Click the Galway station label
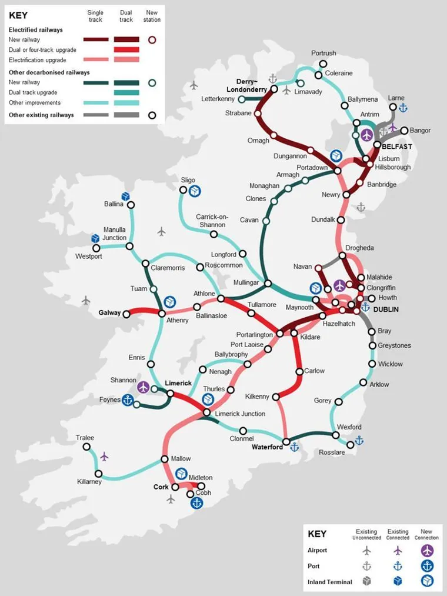click(109, 313)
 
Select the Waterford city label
click(267, 447)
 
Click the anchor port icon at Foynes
click(127, 400)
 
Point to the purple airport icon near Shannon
click(144, 387)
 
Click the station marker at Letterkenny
click(242, 99)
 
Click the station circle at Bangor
click(404, 130)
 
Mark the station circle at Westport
click(96, 248)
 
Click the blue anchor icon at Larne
click(403, 108)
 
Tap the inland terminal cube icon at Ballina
click(125, 196)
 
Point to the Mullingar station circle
click(268, 284)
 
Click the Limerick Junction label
click(240, 414)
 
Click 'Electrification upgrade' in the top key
click(38, 60)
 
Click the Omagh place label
click(258, 141)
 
